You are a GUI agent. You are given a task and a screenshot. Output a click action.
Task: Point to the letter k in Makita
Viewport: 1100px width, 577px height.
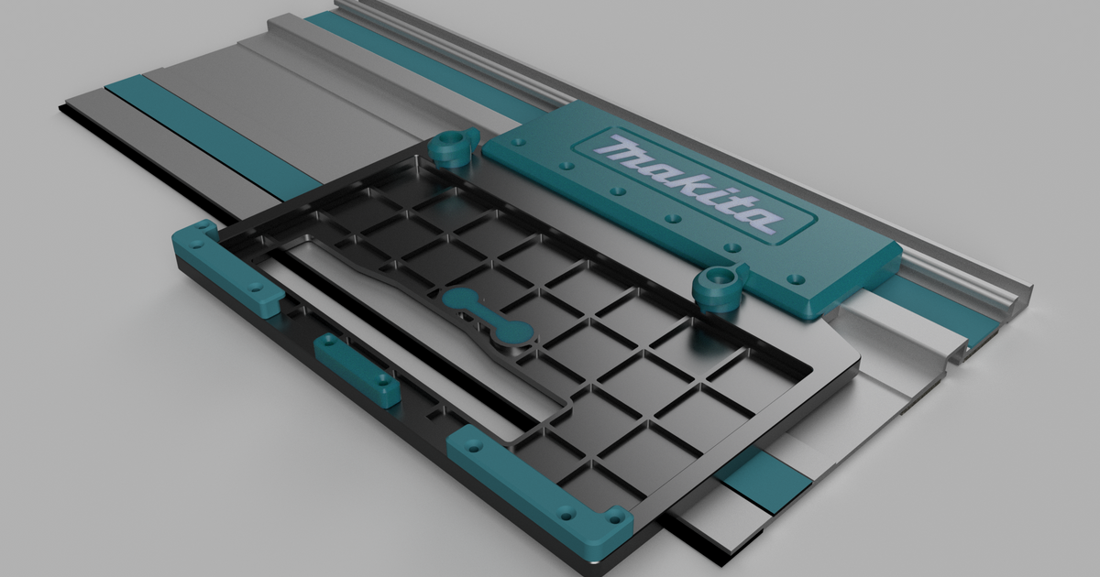683,179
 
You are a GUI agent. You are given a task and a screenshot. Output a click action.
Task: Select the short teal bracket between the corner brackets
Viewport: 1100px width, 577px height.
356,369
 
